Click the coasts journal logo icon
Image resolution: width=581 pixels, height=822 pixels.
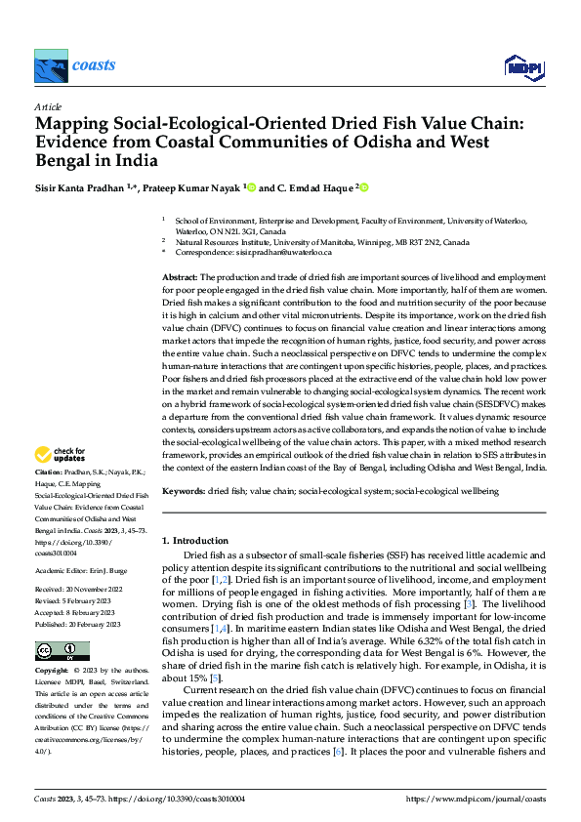[x=50, y=65]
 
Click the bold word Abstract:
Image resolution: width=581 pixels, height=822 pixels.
[x=181, y=278]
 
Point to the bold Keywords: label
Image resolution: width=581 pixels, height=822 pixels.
[x=185, y=492]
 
